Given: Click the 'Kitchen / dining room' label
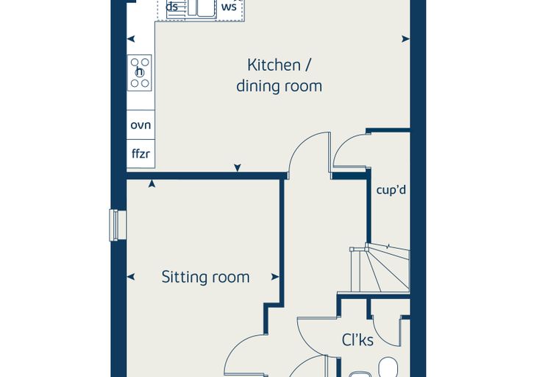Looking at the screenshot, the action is (x=279, y=76).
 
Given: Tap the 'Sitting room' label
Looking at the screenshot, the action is (x=206, y=277).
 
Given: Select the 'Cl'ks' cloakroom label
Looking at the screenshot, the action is (x=357, y=340).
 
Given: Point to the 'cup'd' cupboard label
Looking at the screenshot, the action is (x=391, y=190).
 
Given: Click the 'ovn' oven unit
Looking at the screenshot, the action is (x=140, y=125).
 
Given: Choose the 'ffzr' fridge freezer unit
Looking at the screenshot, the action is (x=140, y=154).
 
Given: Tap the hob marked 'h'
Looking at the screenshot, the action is (x=140, y=73).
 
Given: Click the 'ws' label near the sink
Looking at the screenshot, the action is (x=229, y=7).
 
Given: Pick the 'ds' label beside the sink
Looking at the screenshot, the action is (x=172, y=6).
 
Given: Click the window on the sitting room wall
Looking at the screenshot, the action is (x=118, y=225).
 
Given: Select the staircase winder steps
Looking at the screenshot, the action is (x=380, y=268).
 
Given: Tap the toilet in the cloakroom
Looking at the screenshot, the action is (x=388, y=367).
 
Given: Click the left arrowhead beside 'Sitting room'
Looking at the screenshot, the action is (x=131, y=277).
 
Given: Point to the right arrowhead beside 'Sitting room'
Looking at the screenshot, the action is (x=275, y=277).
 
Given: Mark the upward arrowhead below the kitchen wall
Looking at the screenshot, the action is (x=152, y=183).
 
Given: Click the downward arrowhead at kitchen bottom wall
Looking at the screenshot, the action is (x=238, y=167).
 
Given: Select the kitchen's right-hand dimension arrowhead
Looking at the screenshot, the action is (x=406, y=39).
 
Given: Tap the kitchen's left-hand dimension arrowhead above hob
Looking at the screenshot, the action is (x=131, y=39).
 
